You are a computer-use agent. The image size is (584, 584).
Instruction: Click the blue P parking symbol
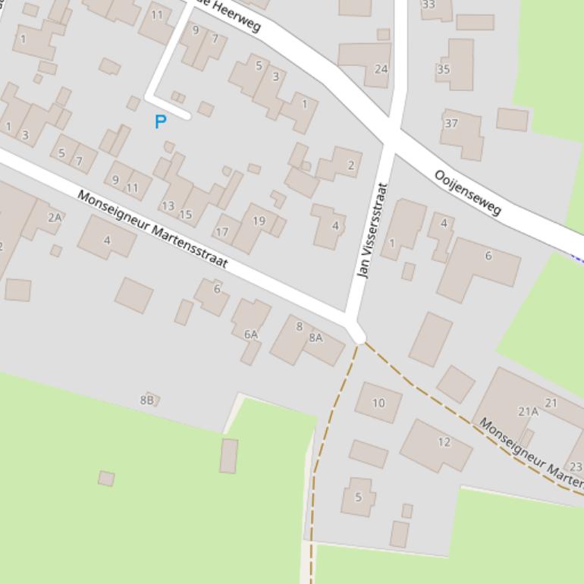(x=160, y=121)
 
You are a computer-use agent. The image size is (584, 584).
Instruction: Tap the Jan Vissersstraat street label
(x=373, y=230)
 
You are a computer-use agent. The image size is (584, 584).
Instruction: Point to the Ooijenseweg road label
(x=468, y=192)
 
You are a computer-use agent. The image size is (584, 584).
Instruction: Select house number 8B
(x=146, y=400)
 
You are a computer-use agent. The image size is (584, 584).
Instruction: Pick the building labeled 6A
(x=251, y=334)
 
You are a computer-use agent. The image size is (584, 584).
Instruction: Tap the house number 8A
(x=316, y=338)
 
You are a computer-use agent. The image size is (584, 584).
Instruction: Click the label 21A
(x=528, y=411)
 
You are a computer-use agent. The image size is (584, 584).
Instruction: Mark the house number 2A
(x=55, y=217)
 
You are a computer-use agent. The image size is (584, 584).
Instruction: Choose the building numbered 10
(x=378, y=403)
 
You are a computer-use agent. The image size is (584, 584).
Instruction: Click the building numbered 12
(x=444, y=441)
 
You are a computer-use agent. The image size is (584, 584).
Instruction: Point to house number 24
(x=381, y=69)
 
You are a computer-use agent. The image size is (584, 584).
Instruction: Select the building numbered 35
(x=444, y=69)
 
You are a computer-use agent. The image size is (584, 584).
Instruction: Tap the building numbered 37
(x=451, y=123)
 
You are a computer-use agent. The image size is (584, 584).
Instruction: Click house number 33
(x=429, y=5)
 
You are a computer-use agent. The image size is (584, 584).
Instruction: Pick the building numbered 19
(x=259, y=221)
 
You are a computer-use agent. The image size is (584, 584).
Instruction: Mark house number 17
(x=222, y=232)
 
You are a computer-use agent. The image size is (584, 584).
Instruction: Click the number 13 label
(x=168, y=206)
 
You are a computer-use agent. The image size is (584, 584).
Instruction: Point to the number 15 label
(x=186, y=215)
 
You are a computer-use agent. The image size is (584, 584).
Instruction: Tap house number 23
(x=576, y=467)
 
